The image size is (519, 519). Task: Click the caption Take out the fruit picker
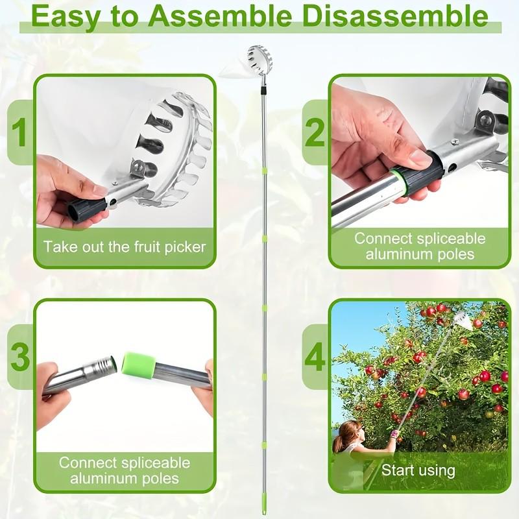click(125, 247)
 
